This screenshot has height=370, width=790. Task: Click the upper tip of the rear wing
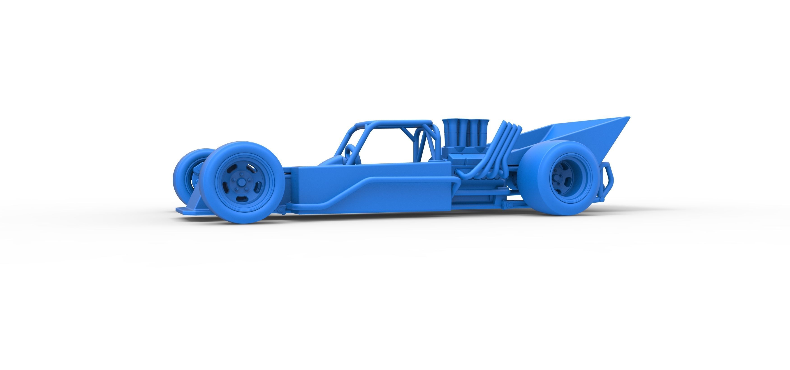click(627, 118)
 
